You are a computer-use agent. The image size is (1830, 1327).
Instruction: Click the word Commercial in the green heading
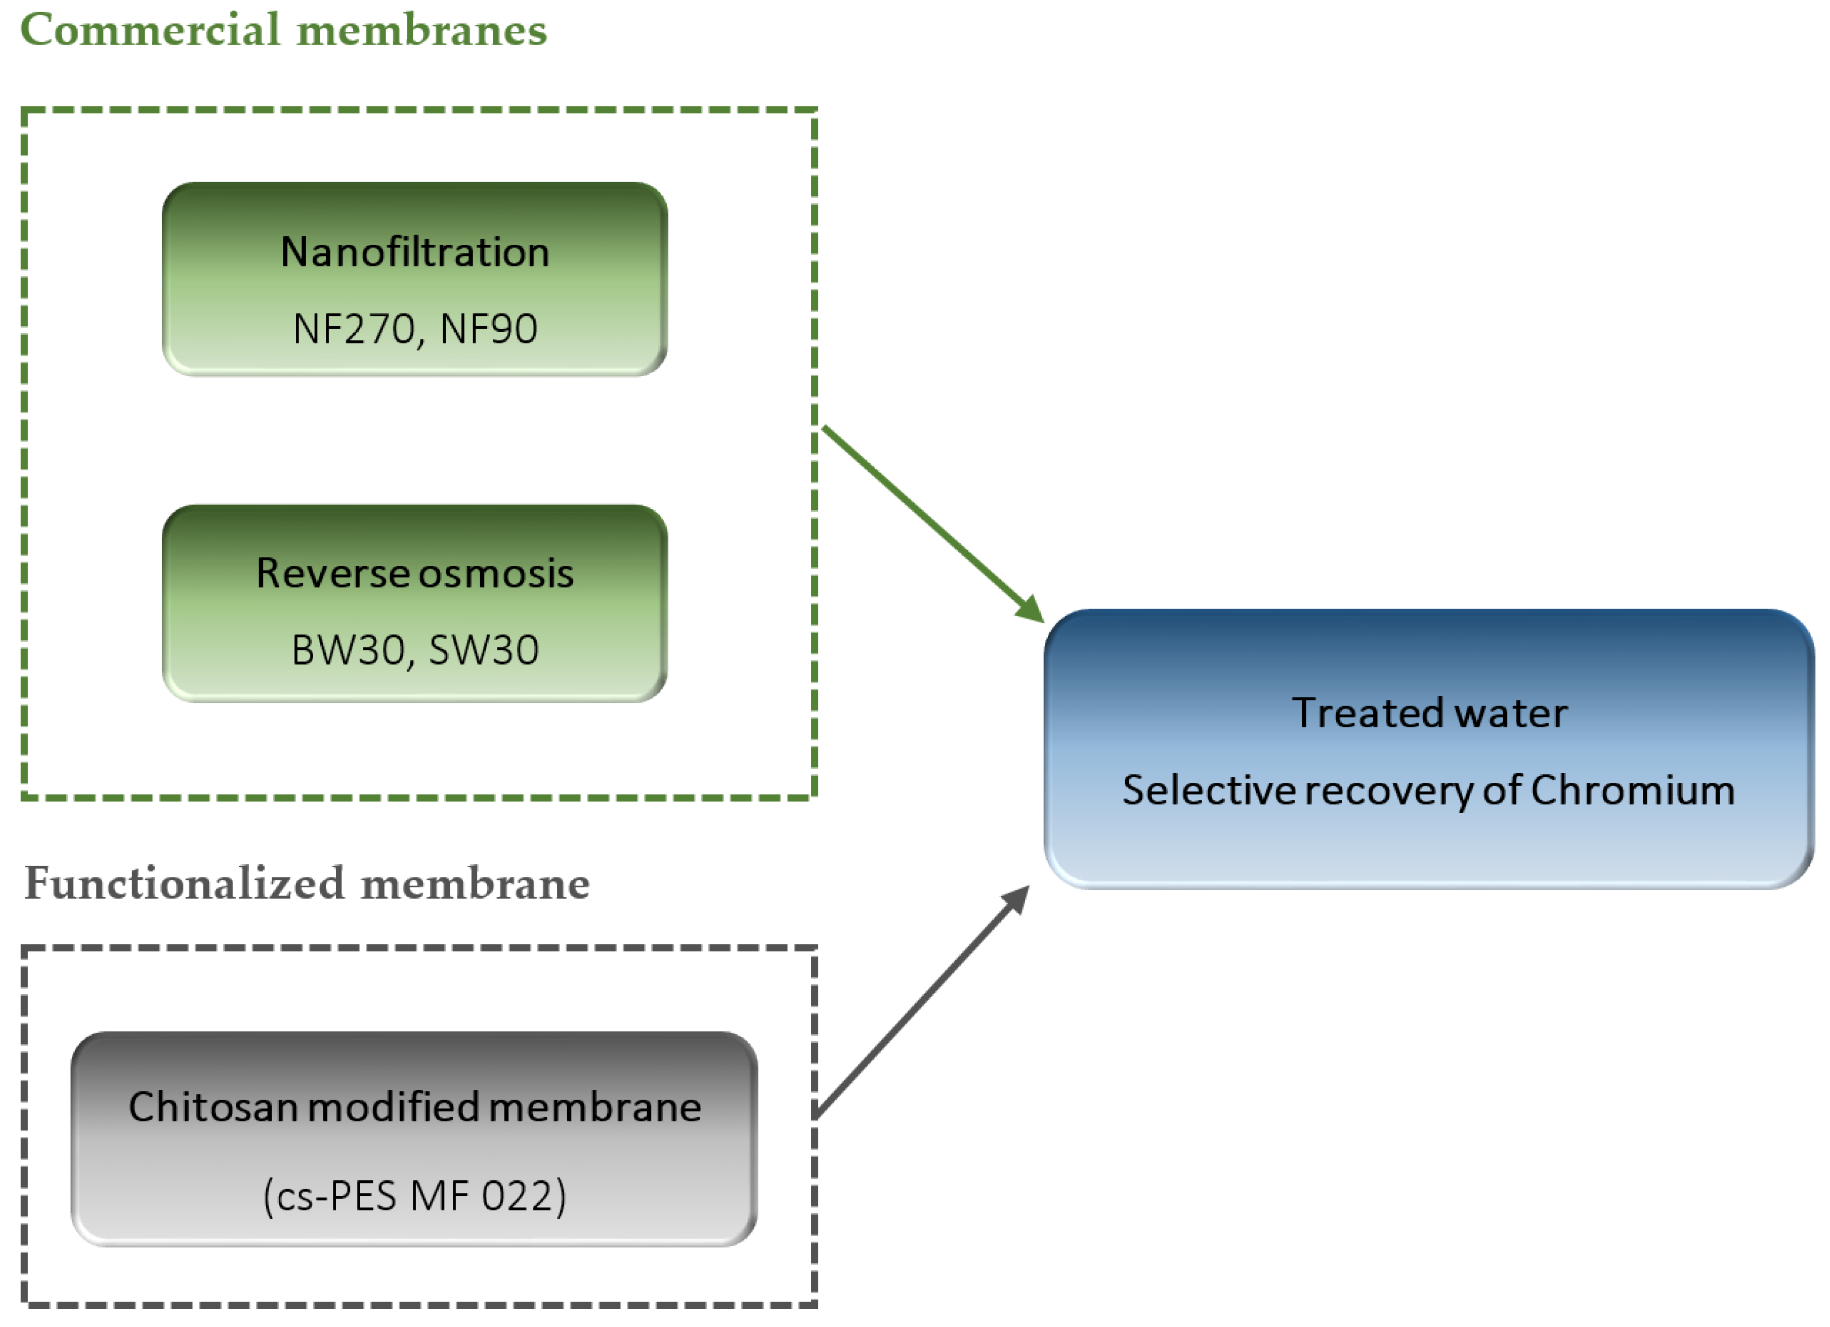149,31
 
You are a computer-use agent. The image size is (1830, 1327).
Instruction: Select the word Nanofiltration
415,252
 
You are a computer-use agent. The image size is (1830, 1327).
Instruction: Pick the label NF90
489,329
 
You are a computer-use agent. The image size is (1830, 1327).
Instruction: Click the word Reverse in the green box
332,573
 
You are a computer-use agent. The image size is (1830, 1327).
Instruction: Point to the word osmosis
495,573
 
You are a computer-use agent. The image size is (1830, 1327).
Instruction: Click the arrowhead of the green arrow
1031,609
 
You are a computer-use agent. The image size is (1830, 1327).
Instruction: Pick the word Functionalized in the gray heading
184,884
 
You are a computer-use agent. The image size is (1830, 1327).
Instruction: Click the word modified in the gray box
394,1107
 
